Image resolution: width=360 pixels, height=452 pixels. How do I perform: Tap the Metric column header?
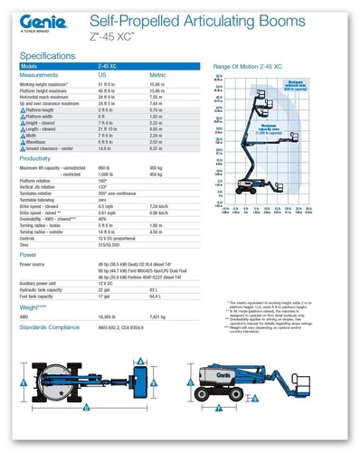[x=156, y=75]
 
